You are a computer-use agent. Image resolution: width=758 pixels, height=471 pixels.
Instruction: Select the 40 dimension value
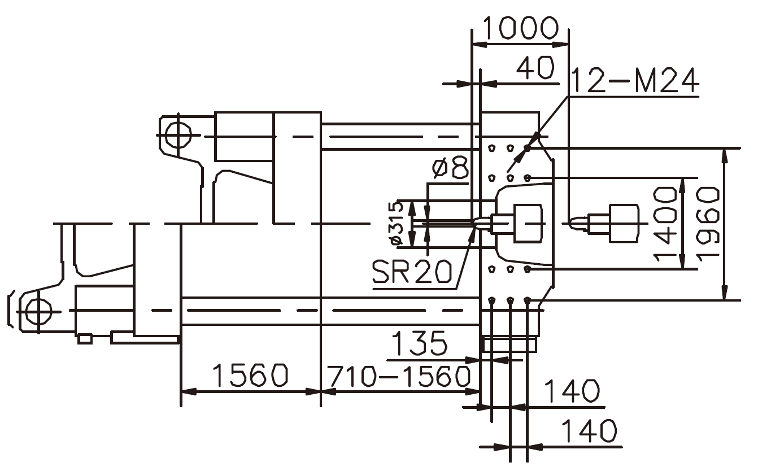535,68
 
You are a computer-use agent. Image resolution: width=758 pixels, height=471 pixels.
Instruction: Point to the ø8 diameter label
450,169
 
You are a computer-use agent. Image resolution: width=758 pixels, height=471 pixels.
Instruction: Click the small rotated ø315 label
397,224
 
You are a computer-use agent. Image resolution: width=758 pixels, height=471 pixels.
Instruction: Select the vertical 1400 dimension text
665,224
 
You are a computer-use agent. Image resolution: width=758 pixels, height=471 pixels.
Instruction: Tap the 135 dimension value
419,344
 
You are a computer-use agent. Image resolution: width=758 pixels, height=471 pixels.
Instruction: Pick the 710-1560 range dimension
399,376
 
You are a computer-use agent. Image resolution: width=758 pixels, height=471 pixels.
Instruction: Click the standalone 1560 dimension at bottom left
250,376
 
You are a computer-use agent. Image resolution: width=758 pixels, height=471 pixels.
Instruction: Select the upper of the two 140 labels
572,391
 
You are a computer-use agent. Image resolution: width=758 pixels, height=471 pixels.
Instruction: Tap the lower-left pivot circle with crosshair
38,311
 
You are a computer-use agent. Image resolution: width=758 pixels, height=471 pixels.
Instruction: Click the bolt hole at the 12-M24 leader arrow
527,148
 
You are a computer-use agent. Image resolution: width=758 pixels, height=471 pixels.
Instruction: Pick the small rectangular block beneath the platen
508,344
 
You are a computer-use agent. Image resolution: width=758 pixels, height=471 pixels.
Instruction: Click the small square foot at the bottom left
85,339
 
